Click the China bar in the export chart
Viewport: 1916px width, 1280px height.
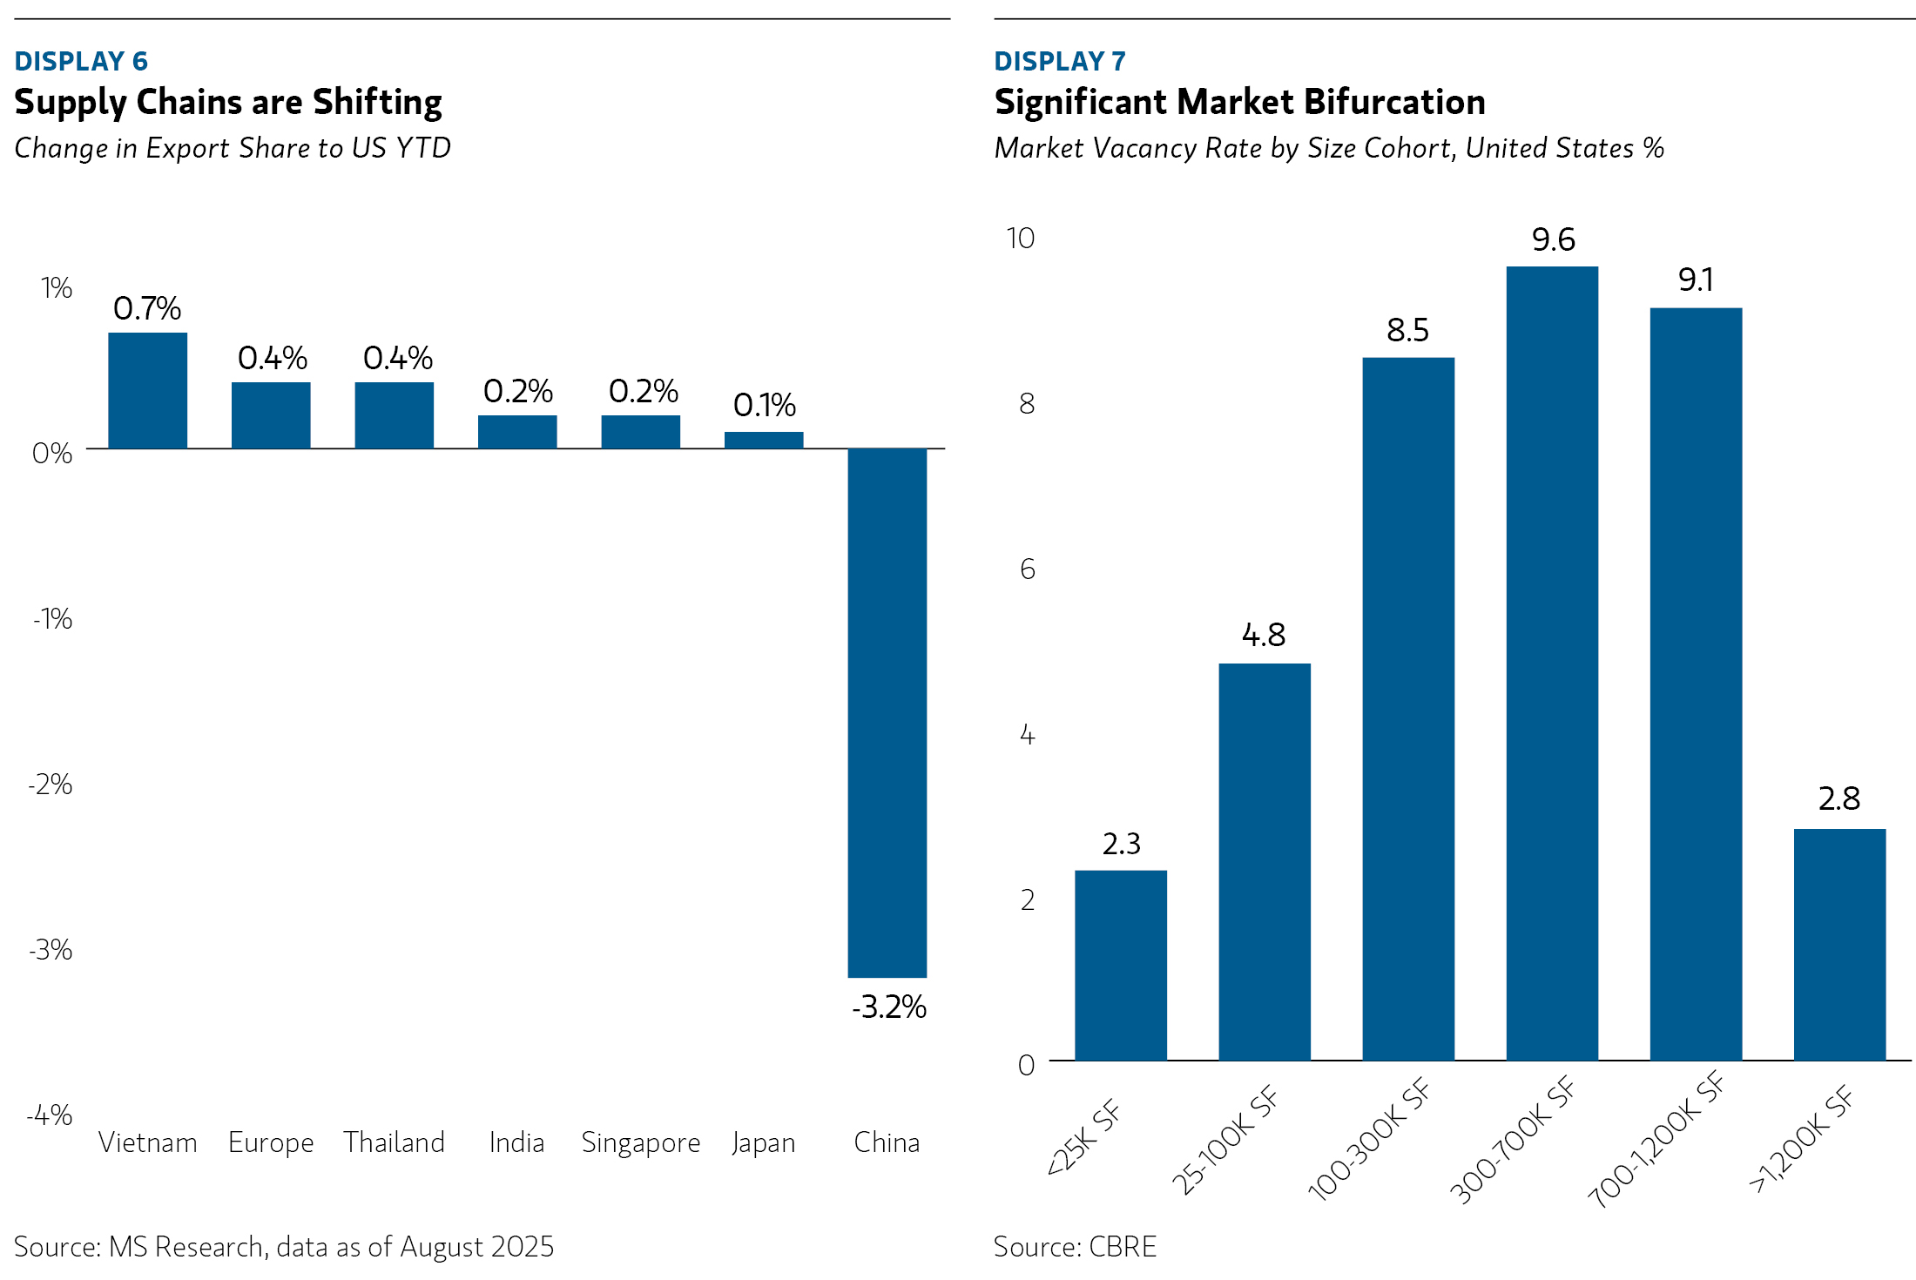[887, 712]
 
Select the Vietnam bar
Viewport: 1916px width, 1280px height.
[147, 391]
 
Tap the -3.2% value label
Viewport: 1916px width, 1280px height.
[888, 1007]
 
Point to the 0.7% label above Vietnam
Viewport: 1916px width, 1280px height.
[147, 308]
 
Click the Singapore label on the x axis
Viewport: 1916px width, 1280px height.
[640, 1142]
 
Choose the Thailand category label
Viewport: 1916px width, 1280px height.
[394, 1142]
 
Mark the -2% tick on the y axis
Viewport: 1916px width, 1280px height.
[51, 785]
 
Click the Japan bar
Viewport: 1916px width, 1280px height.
[763, 440]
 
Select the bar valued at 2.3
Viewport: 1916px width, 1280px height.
[1120, 965]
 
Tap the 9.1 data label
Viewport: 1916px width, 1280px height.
[1696, 280]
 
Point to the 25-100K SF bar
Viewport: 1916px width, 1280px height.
[1264, 862]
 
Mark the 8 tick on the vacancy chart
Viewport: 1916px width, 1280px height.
[1027, 404]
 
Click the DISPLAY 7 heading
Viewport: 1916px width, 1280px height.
[1059, 61]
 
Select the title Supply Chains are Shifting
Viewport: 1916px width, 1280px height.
[228, 102]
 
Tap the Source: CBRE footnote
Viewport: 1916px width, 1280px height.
[1075, 1247]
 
